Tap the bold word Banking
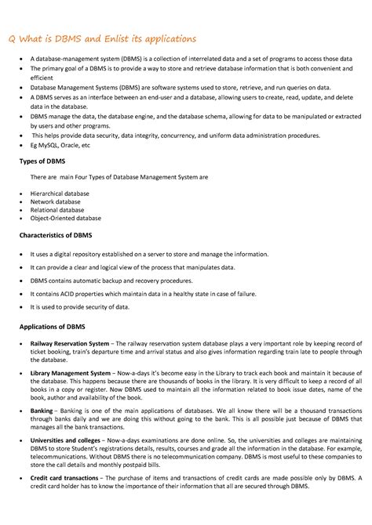42,410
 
